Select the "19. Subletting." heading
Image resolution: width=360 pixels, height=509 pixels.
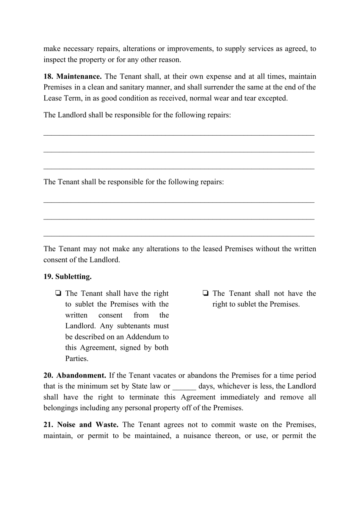(67, 277)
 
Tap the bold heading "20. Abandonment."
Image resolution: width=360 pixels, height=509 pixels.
(75, 376)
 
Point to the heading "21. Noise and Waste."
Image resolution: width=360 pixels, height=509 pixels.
(81, 425)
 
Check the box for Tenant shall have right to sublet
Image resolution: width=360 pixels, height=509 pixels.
(58, 293)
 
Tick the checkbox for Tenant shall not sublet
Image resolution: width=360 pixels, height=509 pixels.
(205, 293)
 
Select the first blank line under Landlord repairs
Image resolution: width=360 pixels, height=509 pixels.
(179, 134)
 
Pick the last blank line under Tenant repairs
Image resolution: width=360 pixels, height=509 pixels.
(179, 235)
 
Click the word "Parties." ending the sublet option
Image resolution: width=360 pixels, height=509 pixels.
(77, 359)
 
